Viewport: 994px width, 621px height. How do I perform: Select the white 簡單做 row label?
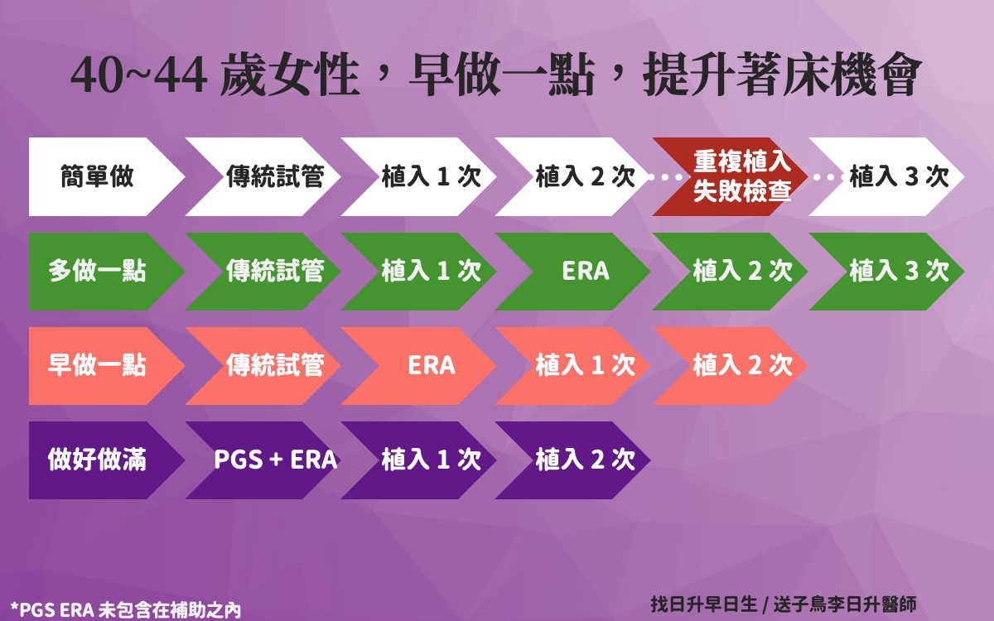[98, 176]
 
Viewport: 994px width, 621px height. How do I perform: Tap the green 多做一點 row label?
[98, 271]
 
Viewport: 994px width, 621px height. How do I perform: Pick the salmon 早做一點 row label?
[98, 365]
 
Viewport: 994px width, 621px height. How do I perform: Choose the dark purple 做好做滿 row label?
[98, 460]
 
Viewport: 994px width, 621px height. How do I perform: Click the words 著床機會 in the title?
[828, 74]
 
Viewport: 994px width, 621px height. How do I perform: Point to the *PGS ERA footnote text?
[126, 610]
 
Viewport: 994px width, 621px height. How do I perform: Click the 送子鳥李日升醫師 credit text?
[845, 604]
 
